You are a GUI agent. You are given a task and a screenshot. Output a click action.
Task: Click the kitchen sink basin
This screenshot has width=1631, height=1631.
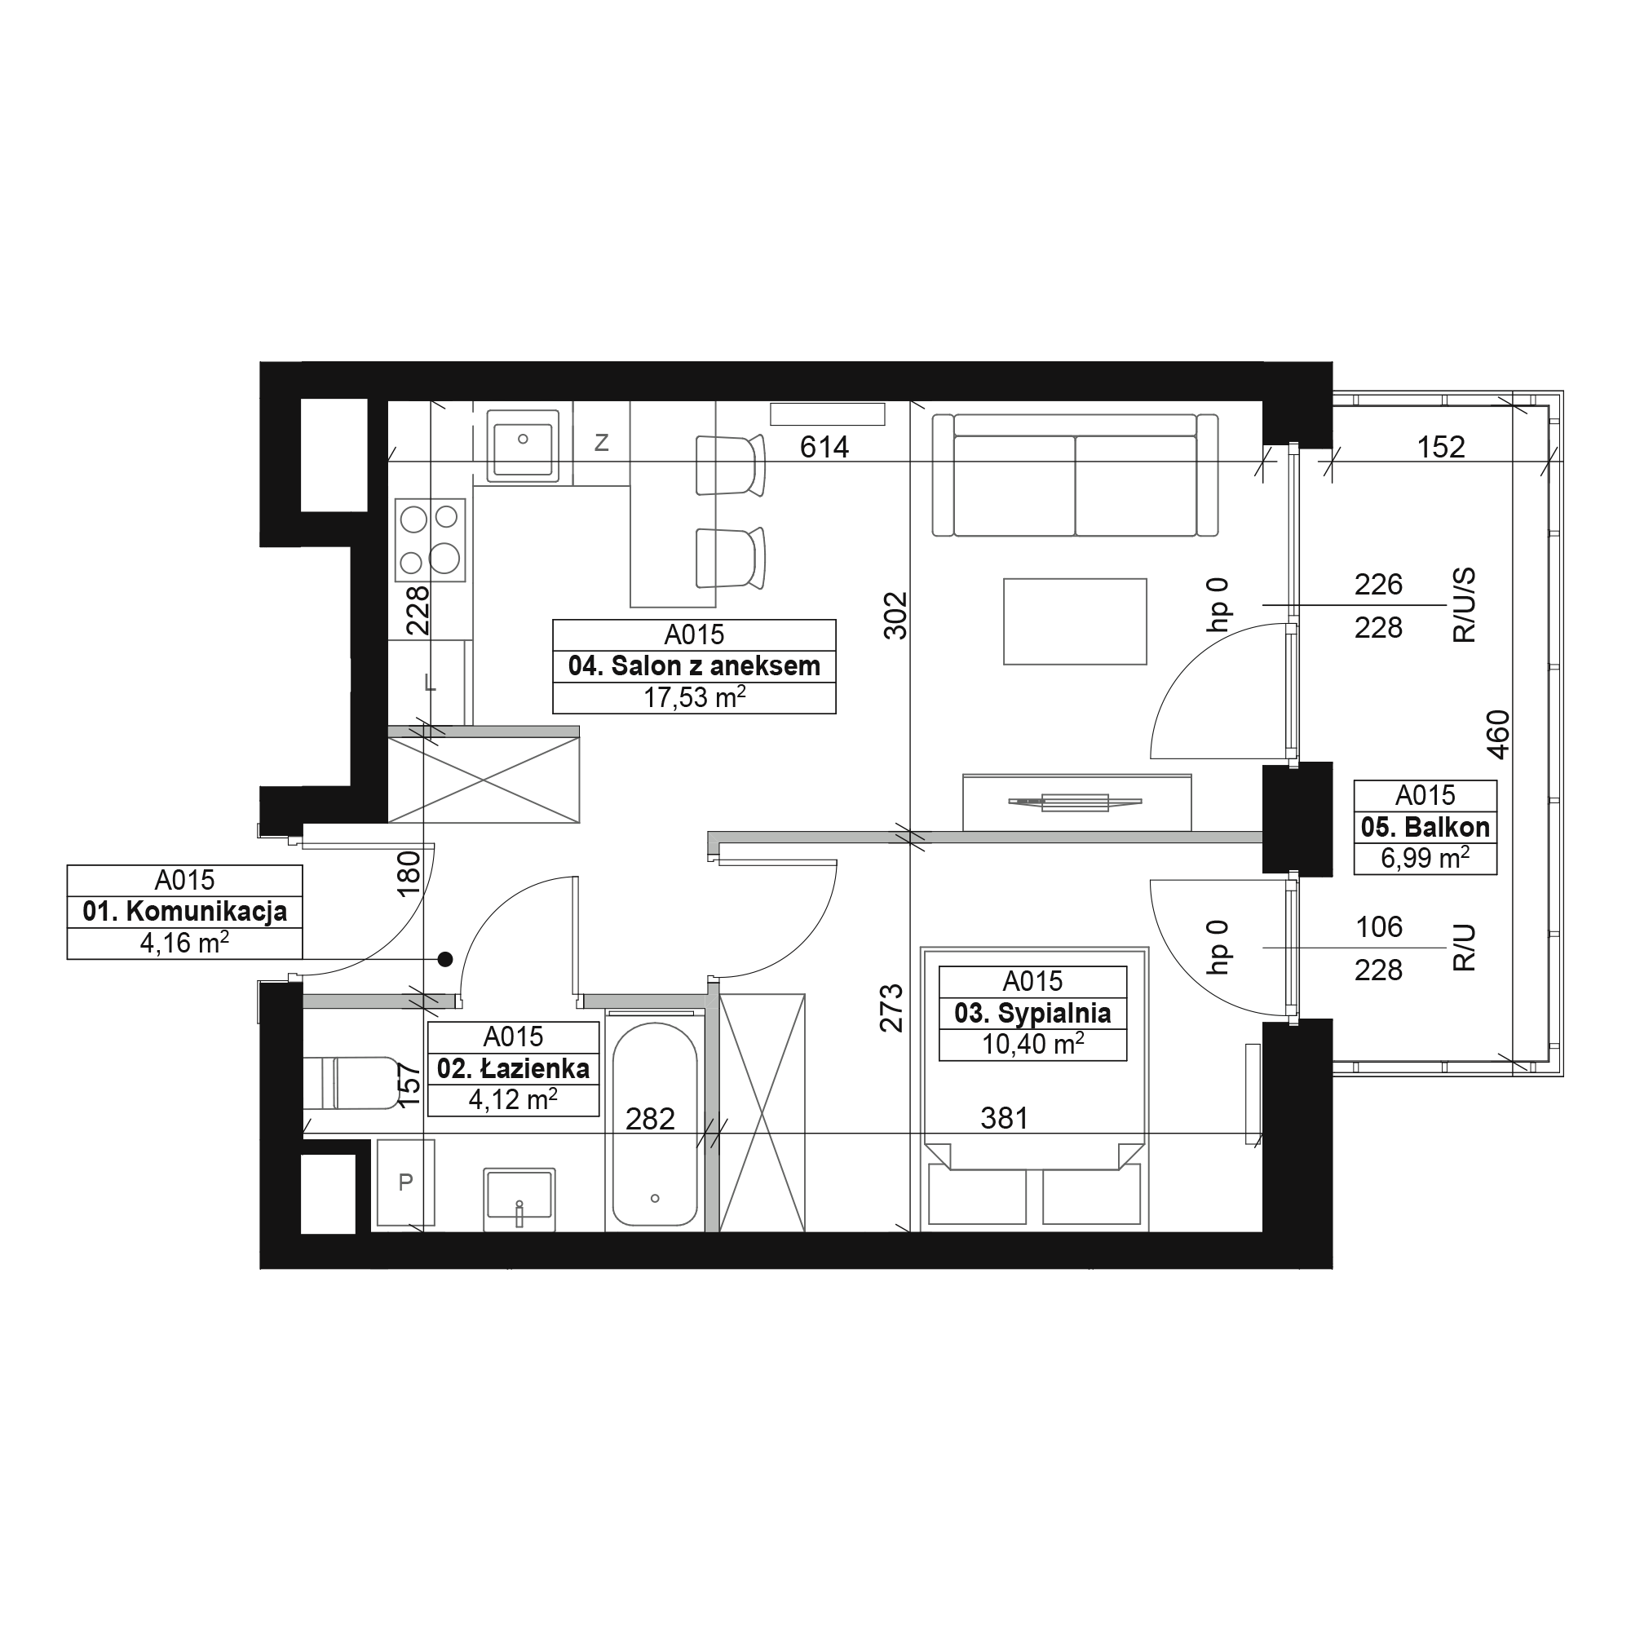click(x=524, y=446)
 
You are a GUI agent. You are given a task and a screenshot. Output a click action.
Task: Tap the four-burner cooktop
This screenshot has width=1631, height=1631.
click(x=431, y=539)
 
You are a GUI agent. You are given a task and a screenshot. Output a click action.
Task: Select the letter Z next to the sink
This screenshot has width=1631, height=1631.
click(x=602, y=442)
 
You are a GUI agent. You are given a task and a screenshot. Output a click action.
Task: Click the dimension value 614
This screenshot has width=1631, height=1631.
click(x=824, y=447)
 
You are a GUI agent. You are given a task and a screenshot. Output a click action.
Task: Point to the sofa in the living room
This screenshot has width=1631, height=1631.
click(x=1075, y=475)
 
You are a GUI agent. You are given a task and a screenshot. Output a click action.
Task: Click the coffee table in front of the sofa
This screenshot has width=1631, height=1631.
click(x=1075, y=621)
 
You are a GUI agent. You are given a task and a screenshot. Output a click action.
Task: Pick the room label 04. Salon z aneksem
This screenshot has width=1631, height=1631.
click(x=694, y=666)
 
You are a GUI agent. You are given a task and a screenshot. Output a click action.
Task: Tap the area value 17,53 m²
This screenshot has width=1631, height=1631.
click(x=694, y=697)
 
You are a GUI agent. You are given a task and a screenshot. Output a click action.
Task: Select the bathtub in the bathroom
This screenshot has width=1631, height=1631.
click(x=655, y=1124)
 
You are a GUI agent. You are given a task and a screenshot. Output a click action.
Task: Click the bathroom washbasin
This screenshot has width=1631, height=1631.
click(x=519, y=1199)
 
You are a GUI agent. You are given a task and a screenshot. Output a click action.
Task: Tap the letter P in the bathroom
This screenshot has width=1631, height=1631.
click(x=405, y=1182)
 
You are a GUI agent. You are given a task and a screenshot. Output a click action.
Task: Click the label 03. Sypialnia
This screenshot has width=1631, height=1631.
click(x=1032, y=1013)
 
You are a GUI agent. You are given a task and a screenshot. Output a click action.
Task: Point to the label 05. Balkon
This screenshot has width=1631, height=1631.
click(x=1425, y=827)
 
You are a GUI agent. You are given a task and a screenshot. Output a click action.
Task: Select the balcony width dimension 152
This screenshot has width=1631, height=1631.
click(x=1440, y=447)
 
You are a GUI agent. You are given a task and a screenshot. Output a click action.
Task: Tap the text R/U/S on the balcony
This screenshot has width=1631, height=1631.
click(x=1465, y=605)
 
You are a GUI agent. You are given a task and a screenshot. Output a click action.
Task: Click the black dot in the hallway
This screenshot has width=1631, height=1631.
click(x=445, y=959)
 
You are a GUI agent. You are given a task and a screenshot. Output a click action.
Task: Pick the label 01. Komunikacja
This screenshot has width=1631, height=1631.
click(x=185, y=912)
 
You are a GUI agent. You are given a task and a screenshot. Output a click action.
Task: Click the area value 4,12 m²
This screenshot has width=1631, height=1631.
click(x=513, y=1099)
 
